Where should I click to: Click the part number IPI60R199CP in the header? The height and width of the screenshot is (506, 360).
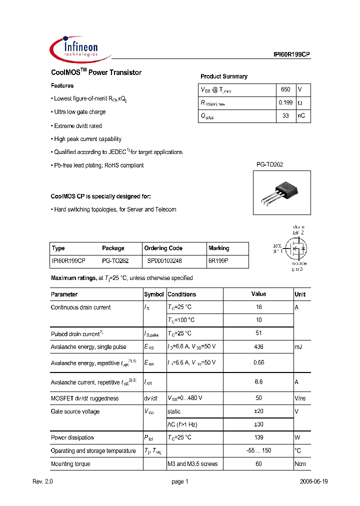coord(291,55)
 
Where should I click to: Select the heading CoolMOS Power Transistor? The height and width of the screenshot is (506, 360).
coord(96,72)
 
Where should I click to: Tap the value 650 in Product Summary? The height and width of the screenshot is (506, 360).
coord(285,89)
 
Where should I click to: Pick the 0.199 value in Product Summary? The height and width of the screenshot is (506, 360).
coord(285,102)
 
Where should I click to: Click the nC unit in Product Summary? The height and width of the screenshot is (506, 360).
coord(301,116)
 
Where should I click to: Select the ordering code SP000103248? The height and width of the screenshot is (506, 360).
coord(164,261)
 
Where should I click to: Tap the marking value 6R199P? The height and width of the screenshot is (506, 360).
coord(218,261)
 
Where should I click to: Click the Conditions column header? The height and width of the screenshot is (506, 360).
coord(181,294)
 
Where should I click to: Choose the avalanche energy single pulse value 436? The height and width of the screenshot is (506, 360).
coord(258,346)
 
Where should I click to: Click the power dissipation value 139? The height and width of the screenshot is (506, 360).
coord(258,437)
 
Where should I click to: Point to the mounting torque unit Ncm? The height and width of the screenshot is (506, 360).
coord(300,464)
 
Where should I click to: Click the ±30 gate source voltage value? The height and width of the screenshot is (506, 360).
coord(258,424)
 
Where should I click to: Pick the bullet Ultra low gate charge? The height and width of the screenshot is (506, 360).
coord(79,112)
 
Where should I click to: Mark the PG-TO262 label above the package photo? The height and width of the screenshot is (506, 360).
coord(270,164)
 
